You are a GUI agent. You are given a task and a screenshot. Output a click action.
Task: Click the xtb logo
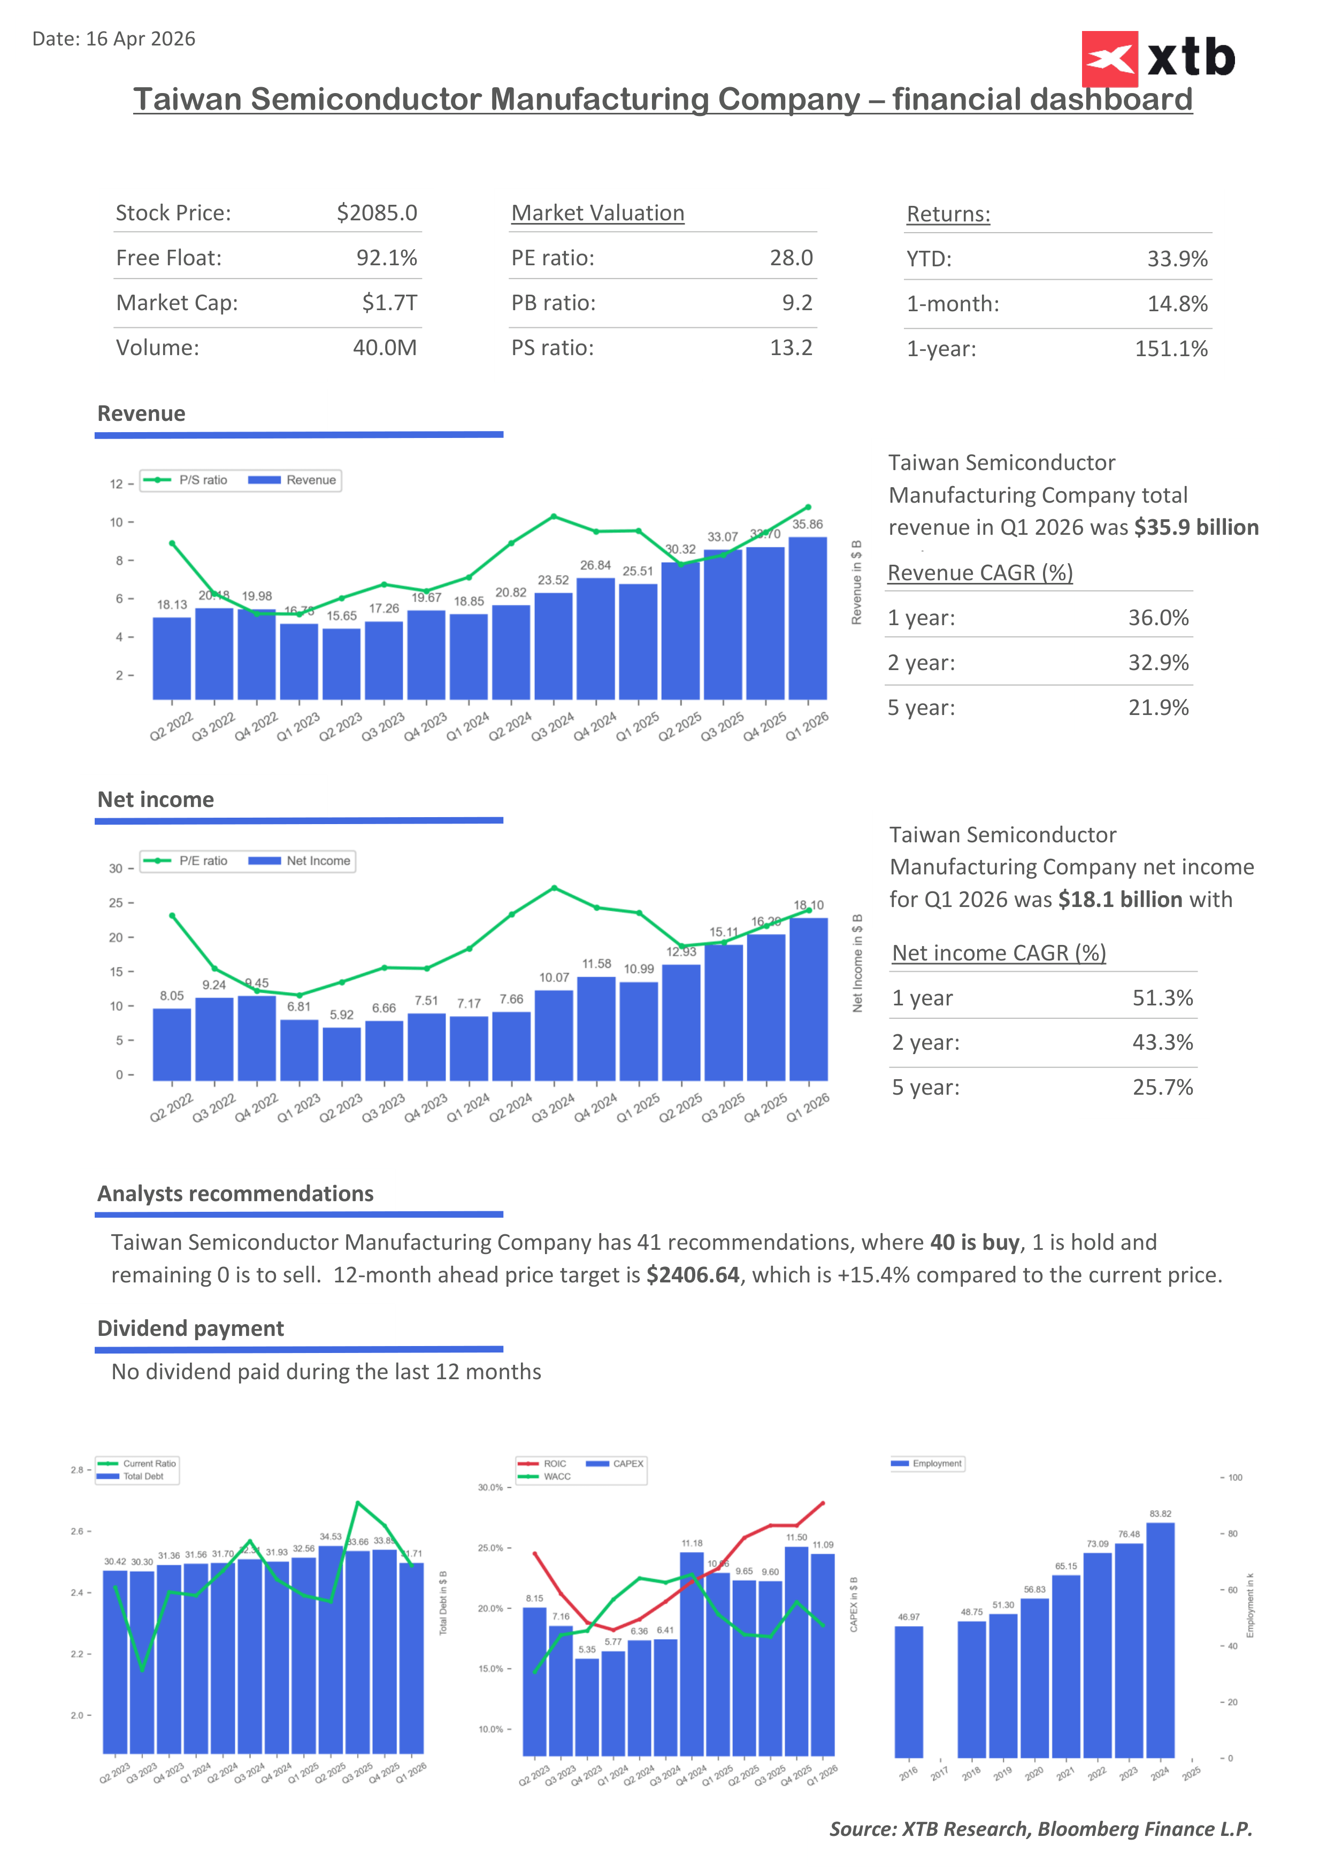click(1158, 58)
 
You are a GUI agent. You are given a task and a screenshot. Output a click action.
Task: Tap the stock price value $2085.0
click(377, 213)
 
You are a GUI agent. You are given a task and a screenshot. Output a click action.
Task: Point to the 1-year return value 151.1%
click(1170, 349)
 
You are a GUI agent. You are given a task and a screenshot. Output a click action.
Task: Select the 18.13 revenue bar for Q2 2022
click(172, 658)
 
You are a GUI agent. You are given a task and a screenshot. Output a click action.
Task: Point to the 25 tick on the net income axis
click(116, 903)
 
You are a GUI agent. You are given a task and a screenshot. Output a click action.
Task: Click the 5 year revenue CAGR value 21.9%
click(1158, 708)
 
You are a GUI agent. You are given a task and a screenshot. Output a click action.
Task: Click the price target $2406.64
click(692, 1275)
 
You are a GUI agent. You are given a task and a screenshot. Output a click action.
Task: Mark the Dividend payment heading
click(190, 1328)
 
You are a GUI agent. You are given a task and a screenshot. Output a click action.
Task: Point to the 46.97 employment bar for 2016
click(909, 1692)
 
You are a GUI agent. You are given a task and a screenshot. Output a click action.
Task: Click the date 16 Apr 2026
click(141, 39)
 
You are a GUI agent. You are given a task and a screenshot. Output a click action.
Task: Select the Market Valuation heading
click(597, 213)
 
